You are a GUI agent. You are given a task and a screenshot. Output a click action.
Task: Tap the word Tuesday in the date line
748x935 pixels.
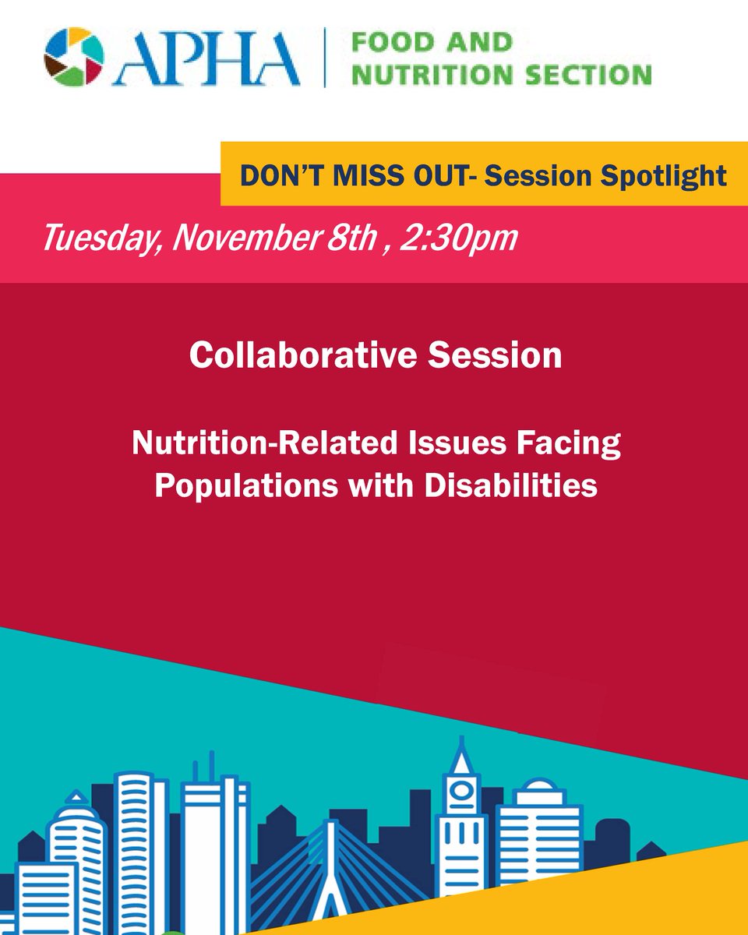pos(94,237)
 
